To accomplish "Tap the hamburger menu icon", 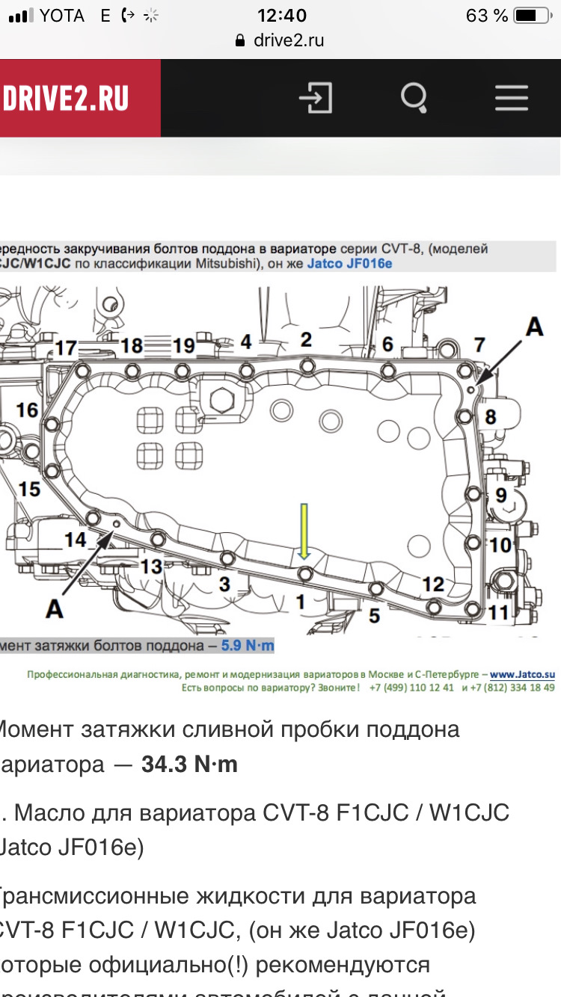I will pyautogui.click(x=512, y=98).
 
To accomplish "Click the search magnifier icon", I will pyautogui.click(x=414, y=98).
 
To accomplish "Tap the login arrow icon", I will pyautogui.click(x=316, y=98).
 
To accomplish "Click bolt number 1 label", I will pyautogui.click(x=300, y=600).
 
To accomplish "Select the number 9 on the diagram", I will pyautogui.click(x=500, y=494).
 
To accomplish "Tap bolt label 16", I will pyautogui.click(x=27, y=410).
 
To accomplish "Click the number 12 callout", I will pyautogui.click(x=433, y=584).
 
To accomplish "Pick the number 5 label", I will pyautogui.click(x=374, y=615).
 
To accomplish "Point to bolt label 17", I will pyautogui.click(x=66, y=348).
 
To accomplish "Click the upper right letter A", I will pyautogui.click(x=533, y=327).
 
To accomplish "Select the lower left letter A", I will pyautogui.click(x=54, y=609).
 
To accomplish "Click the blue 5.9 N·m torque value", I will pyautogui.click(x=248, y=645).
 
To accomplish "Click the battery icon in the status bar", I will pyautogui.click(x=532, y=16).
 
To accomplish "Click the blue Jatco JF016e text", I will pyautogui.click(x=349, y=264).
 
